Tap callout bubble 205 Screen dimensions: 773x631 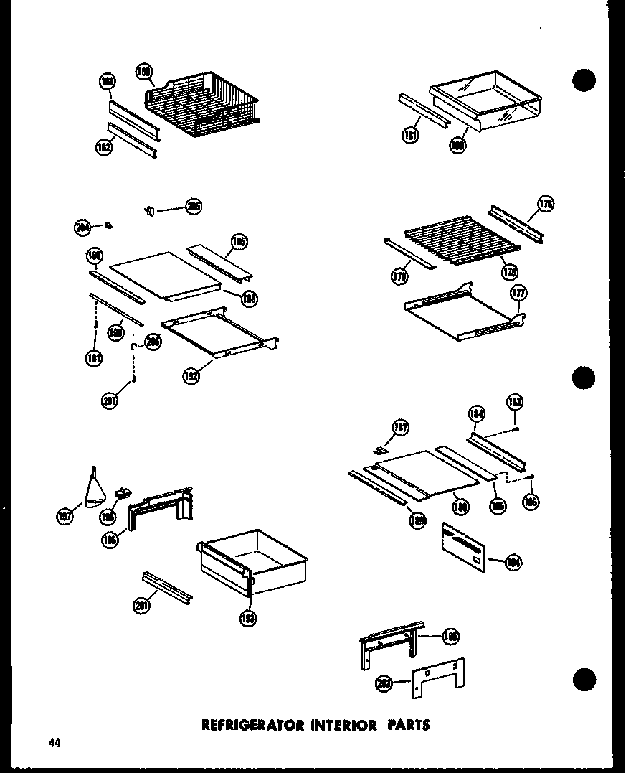(192, 207)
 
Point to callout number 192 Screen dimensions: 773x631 (191, 375)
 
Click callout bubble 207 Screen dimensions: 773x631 (110, 401)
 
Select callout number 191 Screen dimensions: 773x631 (93, 357)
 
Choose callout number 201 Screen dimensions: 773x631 (142, 606)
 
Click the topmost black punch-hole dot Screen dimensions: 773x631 (584, 81)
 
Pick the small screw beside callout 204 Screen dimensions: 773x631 (108, 226)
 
